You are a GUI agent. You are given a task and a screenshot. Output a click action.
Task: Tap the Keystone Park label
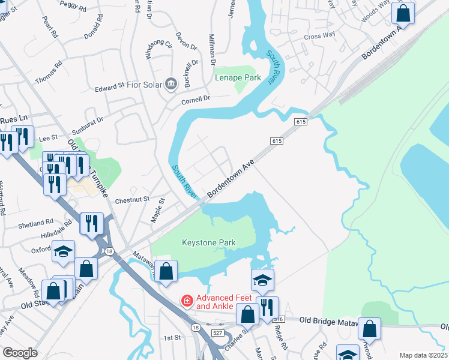pos(209,243)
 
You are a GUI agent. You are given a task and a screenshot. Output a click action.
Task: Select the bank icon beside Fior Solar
pos(171,84)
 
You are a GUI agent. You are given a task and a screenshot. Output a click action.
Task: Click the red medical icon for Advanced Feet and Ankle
pos(187,300)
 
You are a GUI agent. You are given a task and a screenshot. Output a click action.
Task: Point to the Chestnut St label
pos(131,199)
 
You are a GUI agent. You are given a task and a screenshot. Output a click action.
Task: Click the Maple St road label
pos(158,212)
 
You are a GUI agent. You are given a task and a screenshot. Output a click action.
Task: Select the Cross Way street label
pos(317,37)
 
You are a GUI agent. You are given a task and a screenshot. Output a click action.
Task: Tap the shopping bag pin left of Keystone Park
pos(165,271)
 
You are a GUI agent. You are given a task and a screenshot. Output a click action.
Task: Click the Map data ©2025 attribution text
pos(423,355)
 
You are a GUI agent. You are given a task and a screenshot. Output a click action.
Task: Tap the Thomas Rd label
pos(49,73)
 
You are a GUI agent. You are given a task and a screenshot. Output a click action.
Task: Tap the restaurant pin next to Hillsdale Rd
pos(91,224)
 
